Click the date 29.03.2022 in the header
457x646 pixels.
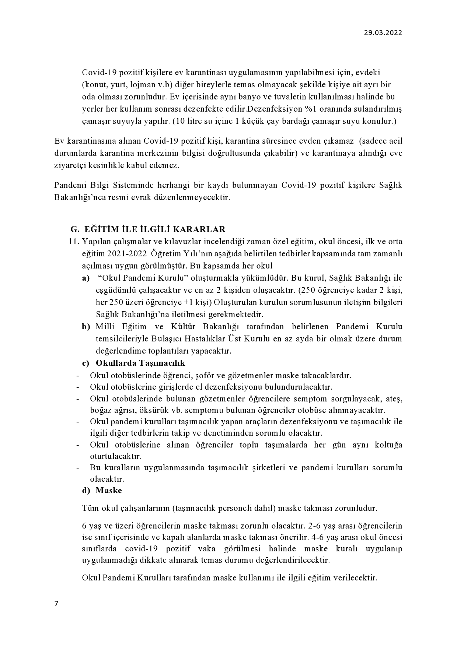coord(383,32)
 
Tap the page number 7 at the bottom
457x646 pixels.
coord(56,603)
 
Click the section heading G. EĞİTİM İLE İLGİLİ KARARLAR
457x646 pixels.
coord(148,229)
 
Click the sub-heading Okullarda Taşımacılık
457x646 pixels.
coord(140,363)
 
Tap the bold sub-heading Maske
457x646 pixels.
coord(109,491)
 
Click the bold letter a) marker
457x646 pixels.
coord(86,278)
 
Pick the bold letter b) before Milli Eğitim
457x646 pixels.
coord(86,327)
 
